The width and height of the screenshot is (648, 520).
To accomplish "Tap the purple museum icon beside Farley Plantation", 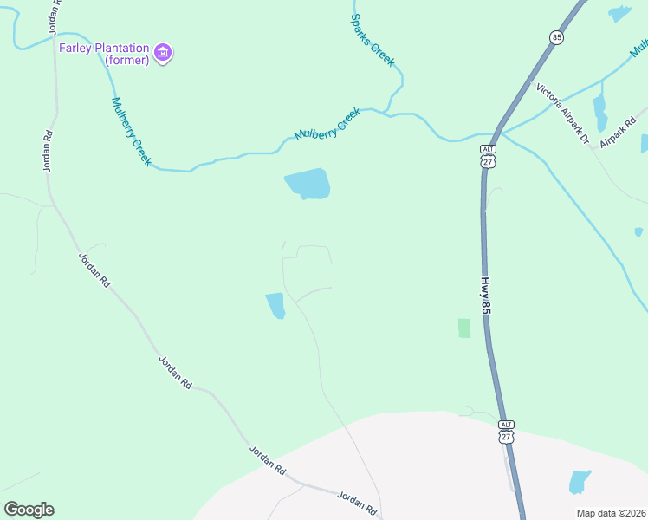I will [x=163, y=54].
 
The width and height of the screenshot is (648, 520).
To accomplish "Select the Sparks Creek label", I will [x=373, y=40].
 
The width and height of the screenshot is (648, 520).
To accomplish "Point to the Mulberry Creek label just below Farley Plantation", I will [x=132, y=131].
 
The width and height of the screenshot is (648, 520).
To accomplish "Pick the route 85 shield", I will [x=555, y=37].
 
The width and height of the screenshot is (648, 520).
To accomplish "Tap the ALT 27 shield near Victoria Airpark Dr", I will [x=488, y=156].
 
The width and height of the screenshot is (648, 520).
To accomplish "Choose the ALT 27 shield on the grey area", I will [x=507, y=432].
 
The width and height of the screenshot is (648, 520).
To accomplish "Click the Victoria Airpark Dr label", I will [x=562, y=113].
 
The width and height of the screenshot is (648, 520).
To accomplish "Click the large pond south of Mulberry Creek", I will [x=308, y=184].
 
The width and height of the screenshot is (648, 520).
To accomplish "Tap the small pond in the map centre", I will [x=275, y=305].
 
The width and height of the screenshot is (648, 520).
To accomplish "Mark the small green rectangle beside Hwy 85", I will [x=464, y=328].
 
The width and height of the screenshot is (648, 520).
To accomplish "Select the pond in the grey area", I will [x=579, y=482].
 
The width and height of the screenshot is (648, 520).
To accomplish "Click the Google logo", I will [x=29, y=510].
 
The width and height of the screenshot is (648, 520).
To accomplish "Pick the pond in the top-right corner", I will [x=619, y=13].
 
